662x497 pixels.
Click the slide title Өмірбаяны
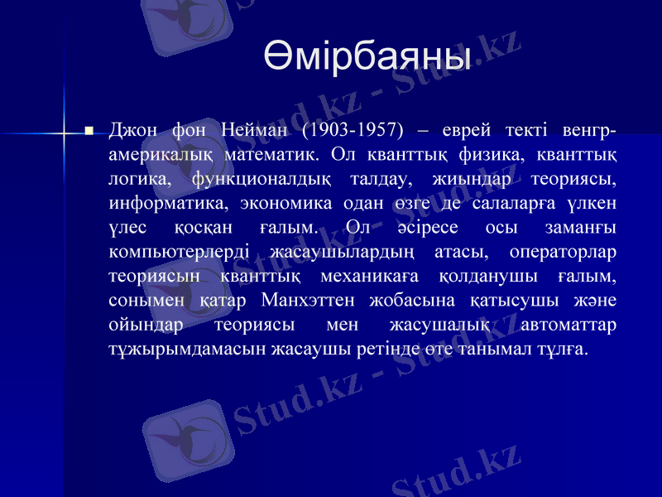367,57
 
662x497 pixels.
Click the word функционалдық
261,179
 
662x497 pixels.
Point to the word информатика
168,203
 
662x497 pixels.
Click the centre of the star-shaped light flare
64,131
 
